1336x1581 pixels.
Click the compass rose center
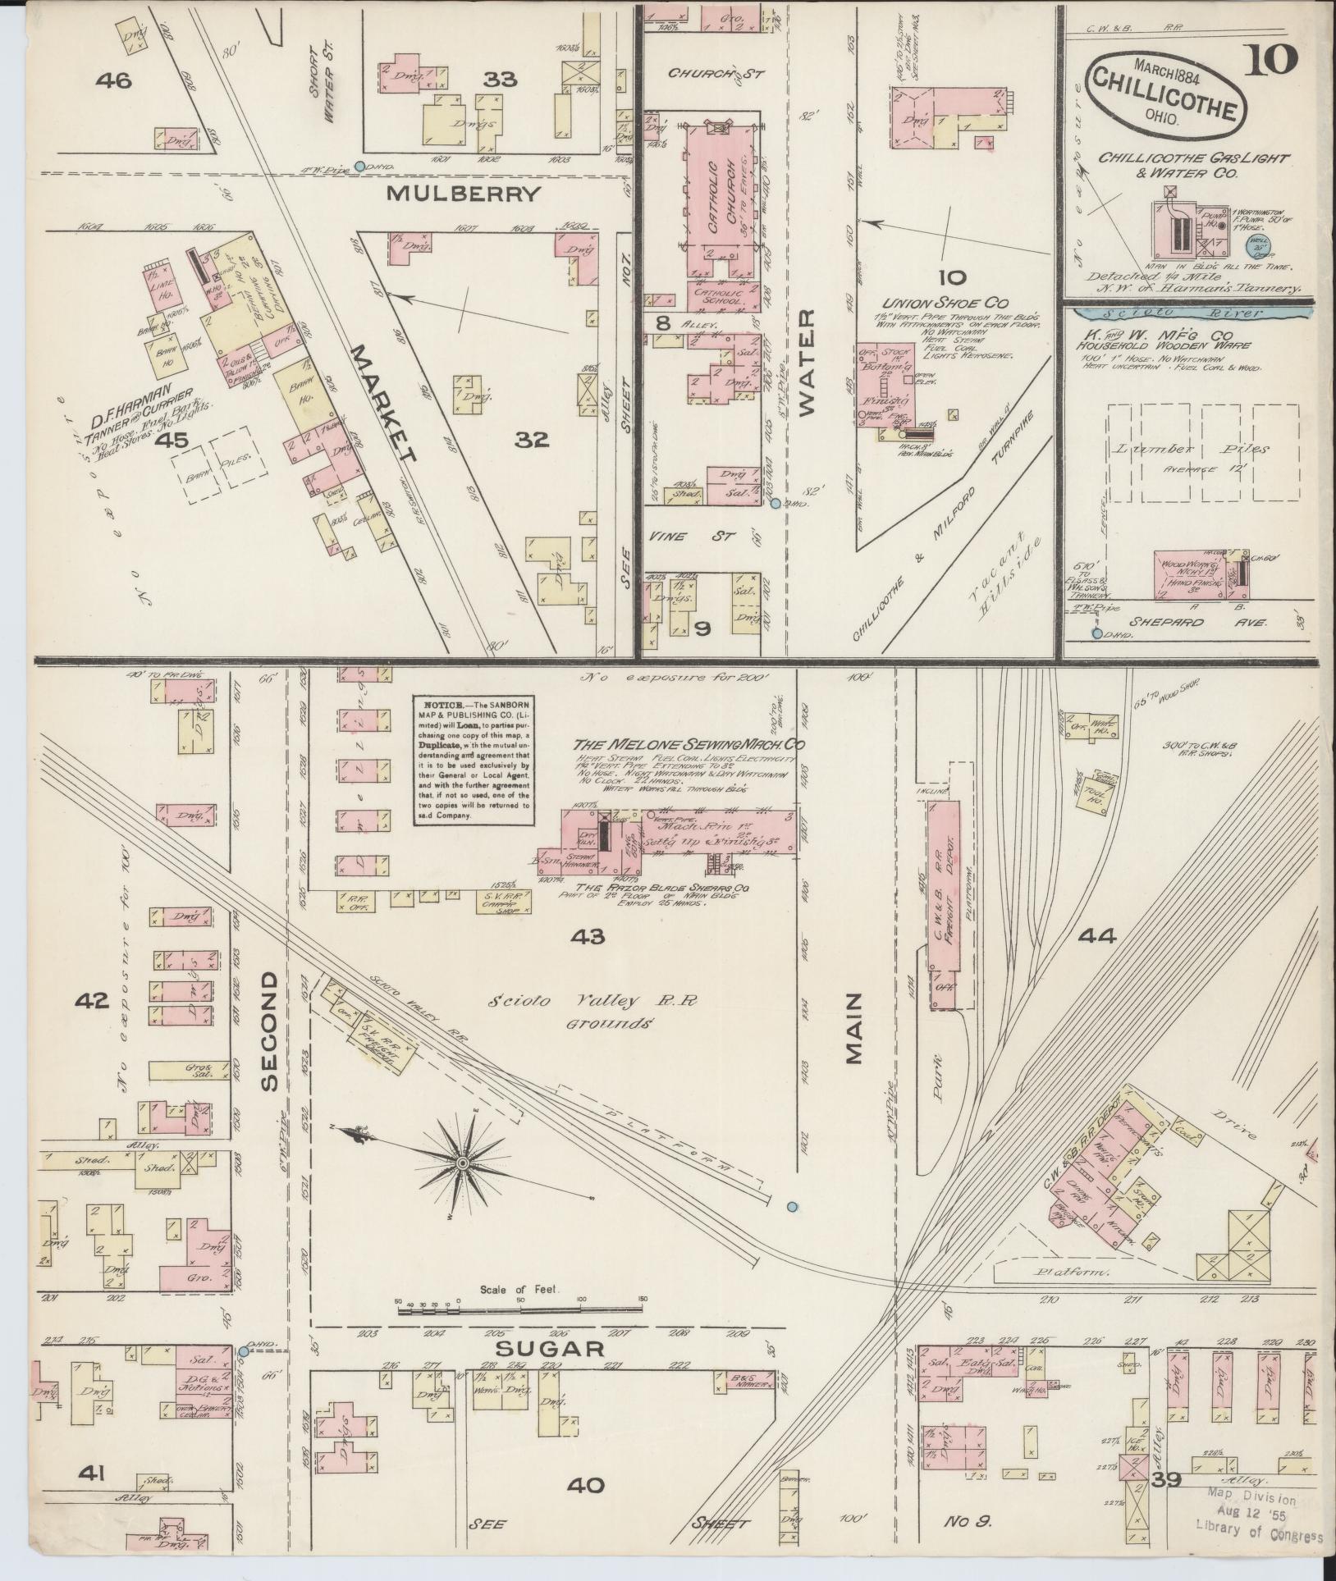(x=462, y=1163)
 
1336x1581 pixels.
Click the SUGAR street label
(x=550, y=1348)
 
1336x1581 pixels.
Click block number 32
(x=531, y=441)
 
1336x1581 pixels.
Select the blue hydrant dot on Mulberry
(x=359, y=167)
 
